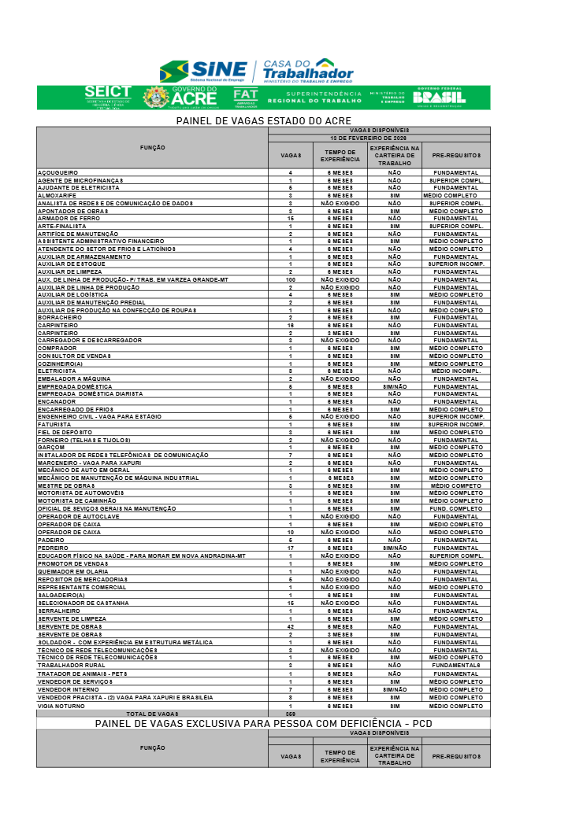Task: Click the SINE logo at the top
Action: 203,72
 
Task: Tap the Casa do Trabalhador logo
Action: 308,71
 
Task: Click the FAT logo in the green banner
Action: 245,97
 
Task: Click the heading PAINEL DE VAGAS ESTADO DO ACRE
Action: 263,120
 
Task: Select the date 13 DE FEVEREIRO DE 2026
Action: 378,136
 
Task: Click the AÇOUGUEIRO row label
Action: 58,172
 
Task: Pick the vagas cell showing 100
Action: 290,279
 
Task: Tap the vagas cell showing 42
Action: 290,626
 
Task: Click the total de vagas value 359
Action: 290,713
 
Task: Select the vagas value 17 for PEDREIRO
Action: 290,548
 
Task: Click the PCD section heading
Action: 263,723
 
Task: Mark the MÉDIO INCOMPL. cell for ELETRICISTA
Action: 455,371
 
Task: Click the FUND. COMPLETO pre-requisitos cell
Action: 455,509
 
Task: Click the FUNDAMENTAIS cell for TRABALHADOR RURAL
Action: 455,666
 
